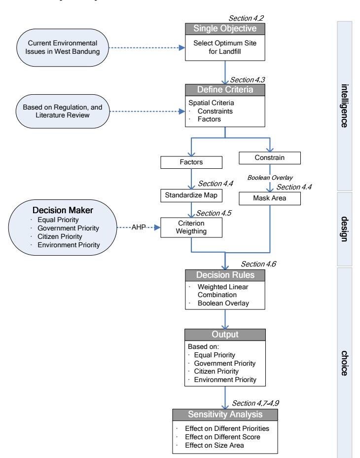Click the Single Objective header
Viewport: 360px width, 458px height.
click(225, 29)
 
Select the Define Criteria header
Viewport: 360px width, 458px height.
click(225, 90)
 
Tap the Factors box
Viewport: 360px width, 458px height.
click(191, 162)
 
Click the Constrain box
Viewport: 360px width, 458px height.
click(269, 158)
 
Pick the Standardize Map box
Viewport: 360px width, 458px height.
click(191, 195)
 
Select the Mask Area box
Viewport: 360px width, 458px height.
click(269, 198)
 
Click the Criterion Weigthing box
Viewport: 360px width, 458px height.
click(191, 228)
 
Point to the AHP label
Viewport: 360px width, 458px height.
click(139, 227)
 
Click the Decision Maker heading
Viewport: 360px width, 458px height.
click(63, 210)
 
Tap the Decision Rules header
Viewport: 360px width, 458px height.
click(225, 275)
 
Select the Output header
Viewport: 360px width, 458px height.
click(225, 335)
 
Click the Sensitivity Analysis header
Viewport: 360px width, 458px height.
click(225, 415)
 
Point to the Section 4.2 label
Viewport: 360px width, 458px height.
click(246, 18)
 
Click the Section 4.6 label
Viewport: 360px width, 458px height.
click(258, 264)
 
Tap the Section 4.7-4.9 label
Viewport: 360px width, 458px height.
click(255, 403)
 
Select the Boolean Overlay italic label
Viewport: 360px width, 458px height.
click(270, 178)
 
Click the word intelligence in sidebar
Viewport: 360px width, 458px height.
click(345, 106)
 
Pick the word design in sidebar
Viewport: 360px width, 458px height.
click(345, 229)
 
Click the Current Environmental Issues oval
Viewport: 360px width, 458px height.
click(63, 47)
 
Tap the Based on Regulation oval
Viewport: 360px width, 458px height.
click(63, 111)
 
